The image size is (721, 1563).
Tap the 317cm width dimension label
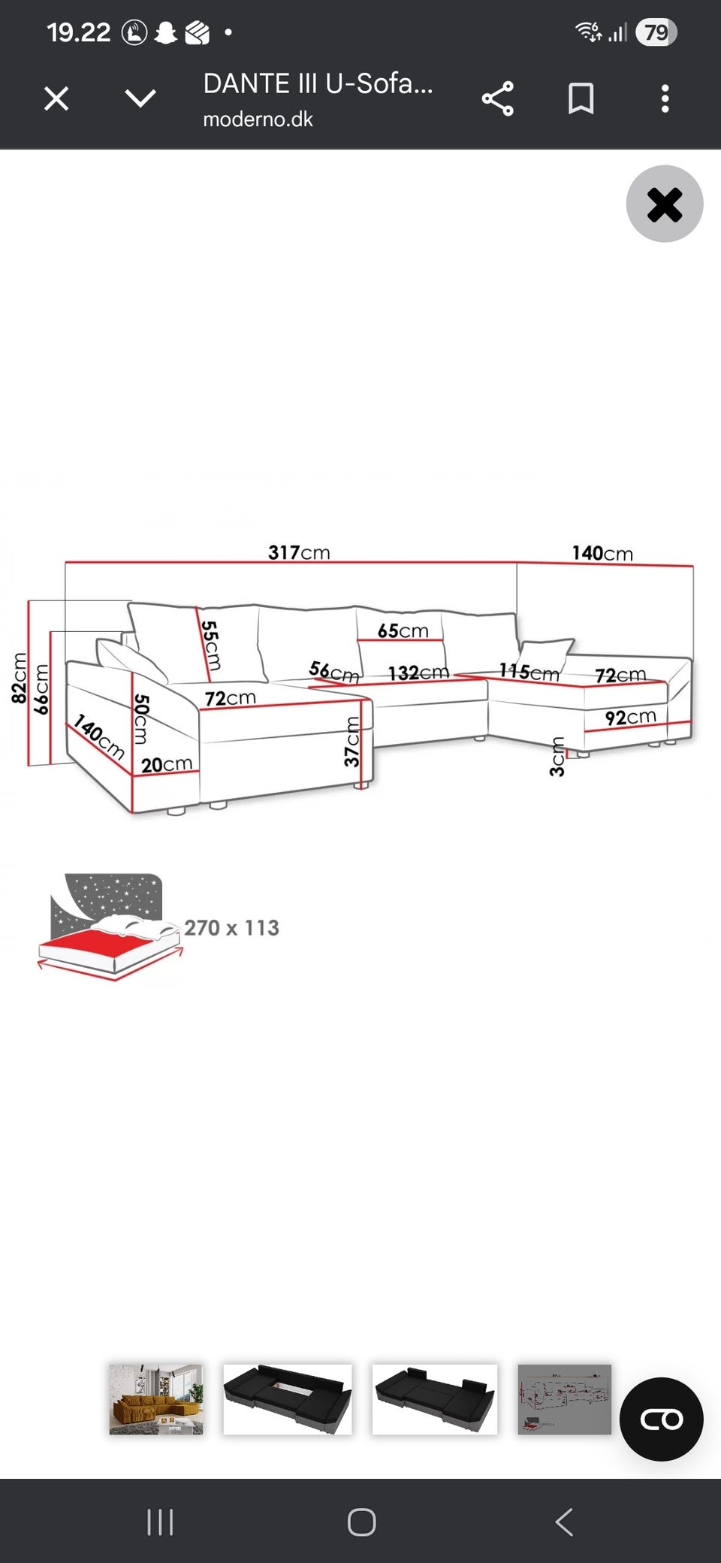pyautogui.click(x=299, y=552)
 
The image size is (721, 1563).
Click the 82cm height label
pyautogui.click(x=20, y=678)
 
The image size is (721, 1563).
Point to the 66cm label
pyautogui.click(x=41, y=688)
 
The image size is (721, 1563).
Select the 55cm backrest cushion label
pyautogui.click(x=211, y=645)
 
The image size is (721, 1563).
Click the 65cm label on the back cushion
pyautogui.click(x=403, y=630)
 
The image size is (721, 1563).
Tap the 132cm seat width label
pyautogui.click(x=418, y=673)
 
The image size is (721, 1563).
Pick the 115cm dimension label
pyautogui.click(x=529, y=672)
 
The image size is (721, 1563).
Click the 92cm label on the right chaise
pyautogui.click(x=631, y=718)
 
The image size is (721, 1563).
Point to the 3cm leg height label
pyautogui.click(x=557, y=757)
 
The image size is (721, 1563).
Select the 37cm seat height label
pyautogui.click(x=352, y=742)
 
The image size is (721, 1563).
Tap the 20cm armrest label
pyautogui.click(x=167, y=764)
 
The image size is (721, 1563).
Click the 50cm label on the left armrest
pyautogui.click(x=141, y=719)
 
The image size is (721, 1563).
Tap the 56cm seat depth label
pyautogui.click(x=334, y=671)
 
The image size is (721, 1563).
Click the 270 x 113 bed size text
pyautogui.click(x=231, y=928)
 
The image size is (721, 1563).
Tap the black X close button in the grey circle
pyautogui.click(x=665, y=204)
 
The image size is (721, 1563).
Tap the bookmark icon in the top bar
pyautogui.click(x=581, y=98)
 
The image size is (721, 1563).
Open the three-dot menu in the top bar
pyautogui.click(x=665, y=98)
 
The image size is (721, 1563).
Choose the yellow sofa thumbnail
pyautogui.click(x=156, y=1399)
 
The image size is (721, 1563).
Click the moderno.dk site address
pyautogui.click(x=258, y=119)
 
